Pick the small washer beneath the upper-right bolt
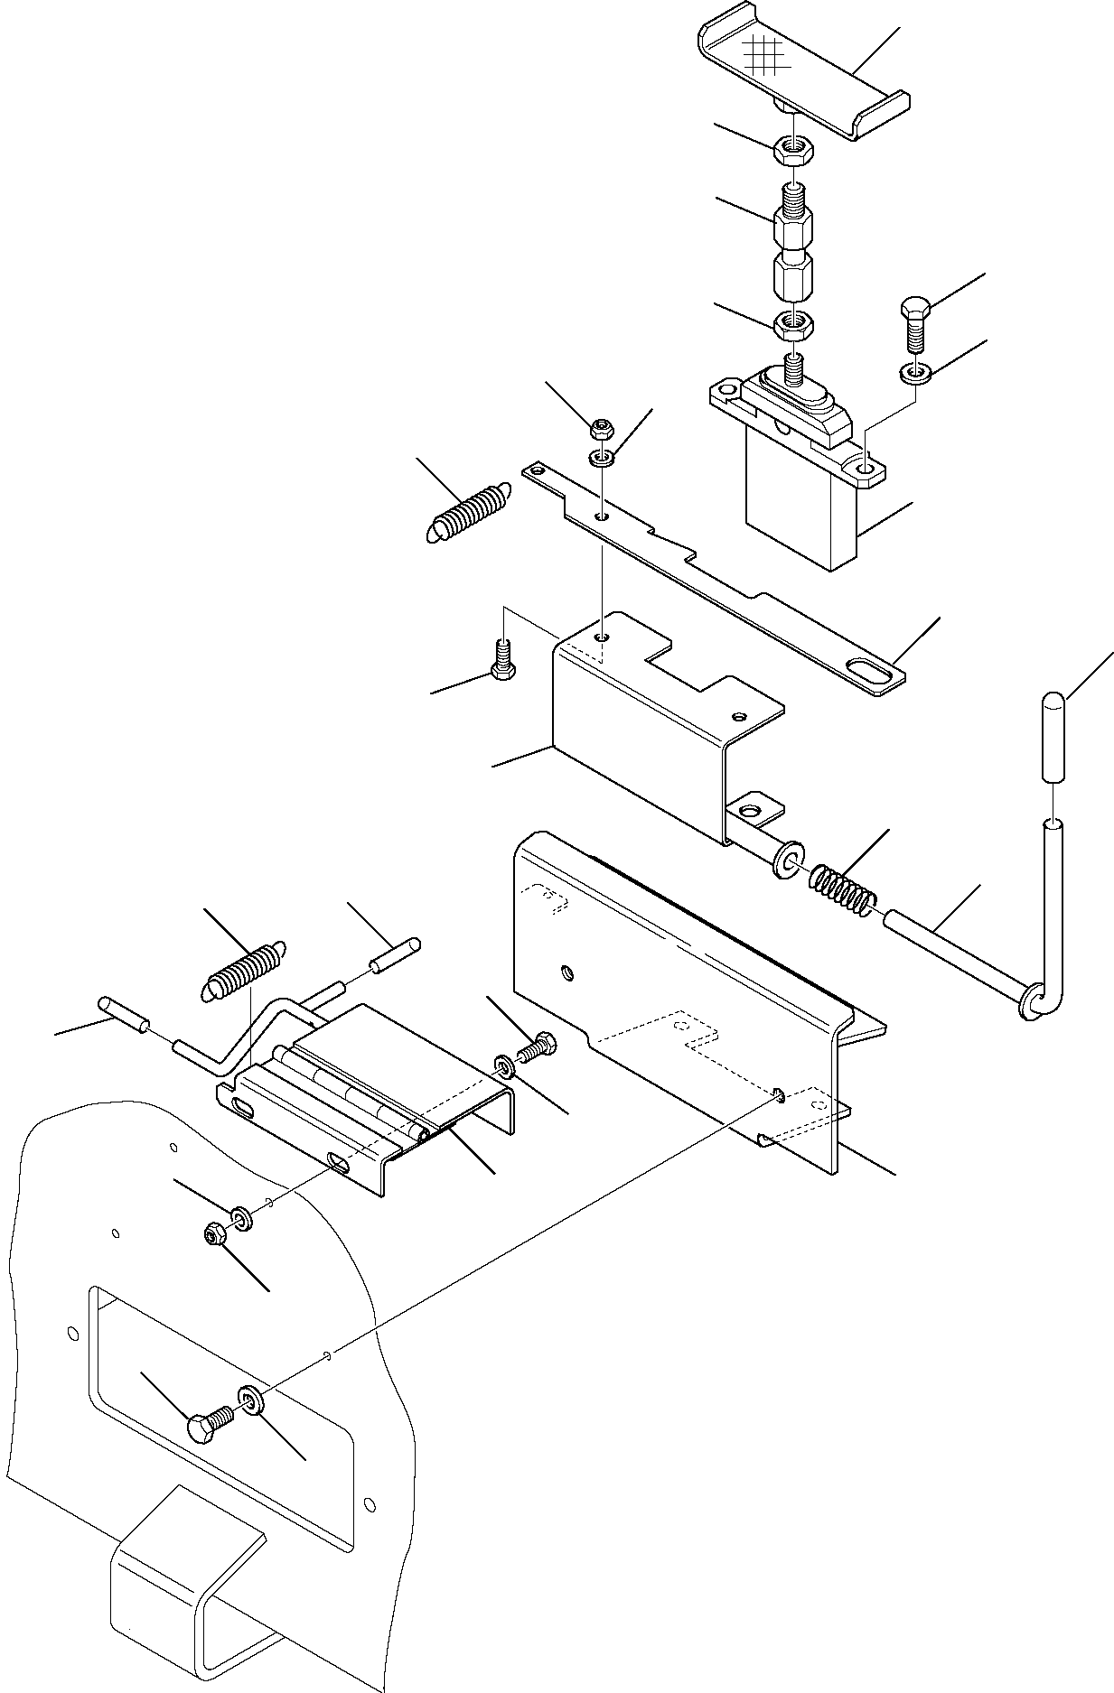point(915,371)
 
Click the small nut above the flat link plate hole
point(602,426)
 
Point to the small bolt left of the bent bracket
point(502,655)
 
